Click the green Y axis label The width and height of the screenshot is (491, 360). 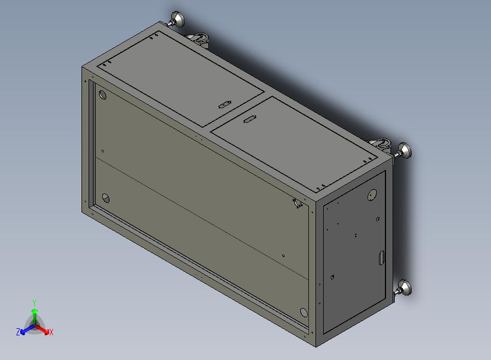[x=34, y=303]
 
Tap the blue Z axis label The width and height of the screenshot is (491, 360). [x=18, y=332]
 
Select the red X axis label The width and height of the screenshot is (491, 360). [x=51, y=332]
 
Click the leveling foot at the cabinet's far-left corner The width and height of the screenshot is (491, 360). [x=177, y=20]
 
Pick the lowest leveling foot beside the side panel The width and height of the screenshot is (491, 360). [x=404, y=288]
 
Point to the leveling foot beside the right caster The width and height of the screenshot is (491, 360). [x=404, y=150]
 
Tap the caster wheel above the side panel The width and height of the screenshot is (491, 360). [x=381, y=144]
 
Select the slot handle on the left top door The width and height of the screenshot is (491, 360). [x=225, y=104]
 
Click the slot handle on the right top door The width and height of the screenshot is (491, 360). [x=249, y=119]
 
